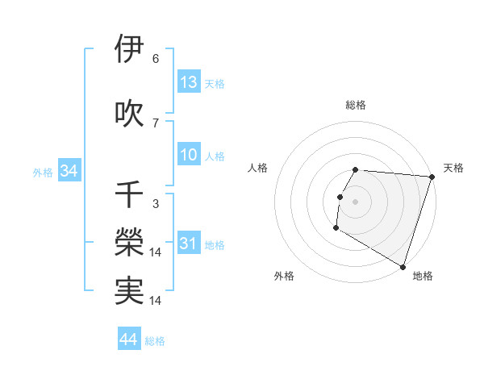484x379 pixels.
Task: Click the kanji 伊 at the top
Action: coord(130,49)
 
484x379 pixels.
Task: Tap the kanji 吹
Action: coord(130,113)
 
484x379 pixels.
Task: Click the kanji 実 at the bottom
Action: coord(130,292)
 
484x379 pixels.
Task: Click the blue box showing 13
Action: coord(189,82)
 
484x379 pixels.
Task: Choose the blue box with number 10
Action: coord(189,156)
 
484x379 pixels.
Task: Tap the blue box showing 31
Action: coord(189,244)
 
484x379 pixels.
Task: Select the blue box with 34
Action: coord(69,171)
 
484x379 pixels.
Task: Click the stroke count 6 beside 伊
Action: coord(156,58)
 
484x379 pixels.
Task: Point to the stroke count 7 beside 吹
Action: coord(156,123)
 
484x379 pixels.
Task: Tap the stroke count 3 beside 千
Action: coord(156,204)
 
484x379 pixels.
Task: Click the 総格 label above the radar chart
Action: coord(356,105)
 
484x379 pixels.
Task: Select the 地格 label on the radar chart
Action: coord(423,277)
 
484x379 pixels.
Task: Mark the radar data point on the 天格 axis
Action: coord(432,177)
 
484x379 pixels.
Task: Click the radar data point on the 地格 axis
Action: coord(403,266)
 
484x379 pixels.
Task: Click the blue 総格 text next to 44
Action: coord(155,341)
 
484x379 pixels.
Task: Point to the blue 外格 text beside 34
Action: coord(43,172)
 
